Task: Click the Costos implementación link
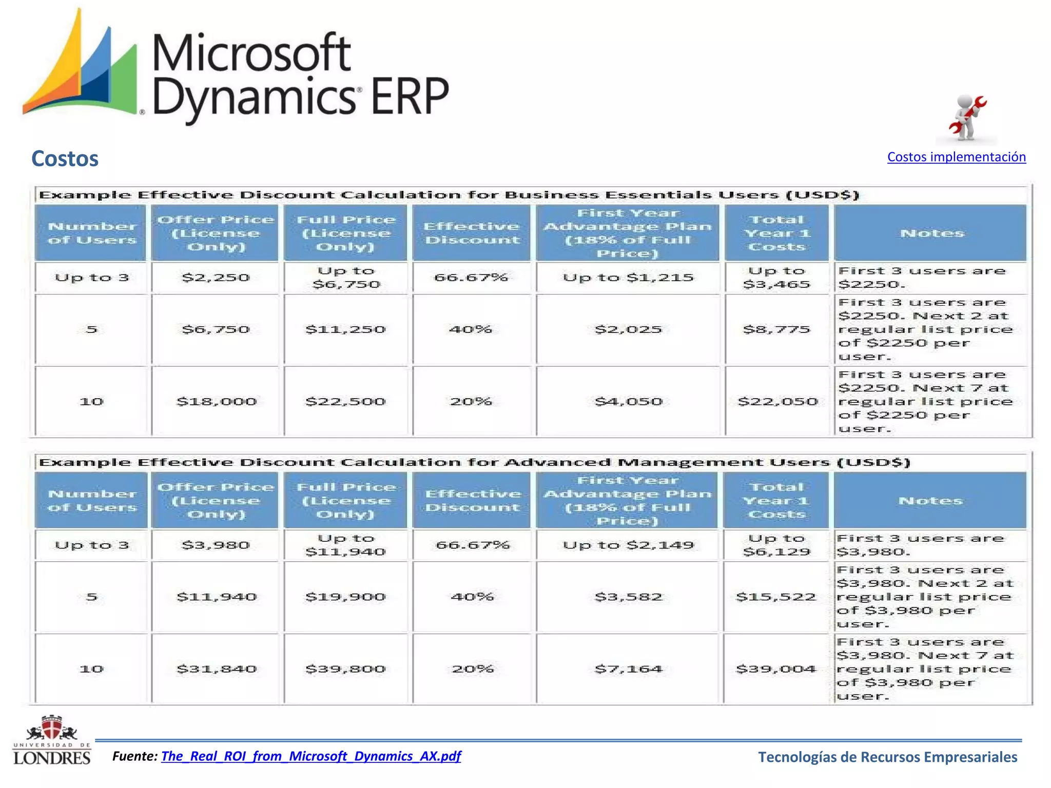pyautogui.click(x=956, y=157)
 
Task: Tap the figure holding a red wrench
pyautogui.click(x=966, y=118)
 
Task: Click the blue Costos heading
pyautogui.click(x=65, y=159)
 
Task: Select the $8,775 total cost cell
pyautogui.click(x=776, y=329)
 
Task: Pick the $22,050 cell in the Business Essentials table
pyautogui.click(x=777, y=401)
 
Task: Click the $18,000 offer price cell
pyautogui.click(x=216, y=401)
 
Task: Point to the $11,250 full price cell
pyautogui.click(x=345, y=329)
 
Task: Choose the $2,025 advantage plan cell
pyautogui.click(x=628, y=329)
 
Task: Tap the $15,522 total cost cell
pyautogui.click(x=775, y=597)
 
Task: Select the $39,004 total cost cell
pyautogui.click(x=775, y=669)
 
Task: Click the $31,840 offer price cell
pyautogui.click(x=216, y=669)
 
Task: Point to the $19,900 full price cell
pyautogui.click(x=345, y=597)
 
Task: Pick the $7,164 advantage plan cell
pyautogui.click(x=628, y=669)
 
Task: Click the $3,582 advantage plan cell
pyautogui.click(x=628, y=597)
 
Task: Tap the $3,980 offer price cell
pyautogui.click(x=216, y=545)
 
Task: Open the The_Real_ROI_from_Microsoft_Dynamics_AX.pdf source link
pyautogui.click(x=311, y=756)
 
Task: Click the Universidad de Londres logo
pyautogui.click(x=51, y=740)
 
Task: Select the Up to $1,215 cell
pyautogui.click(x=628, y=278)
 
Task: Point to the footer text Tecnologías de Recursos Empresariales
pyautogui.click(x=887, y=757)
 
